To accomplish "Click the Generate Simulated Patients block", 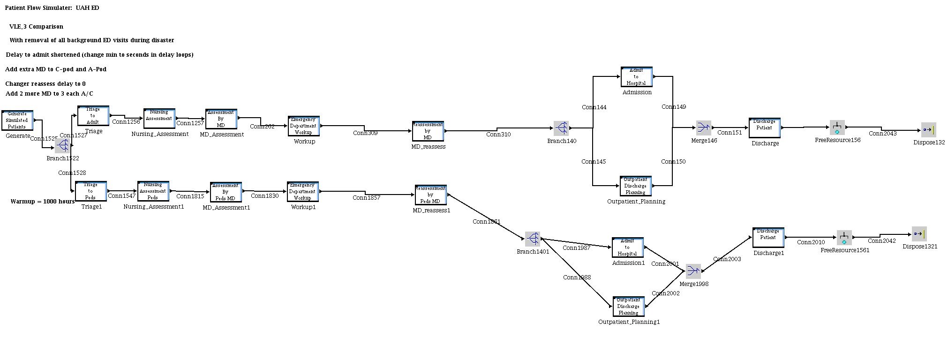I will [x=17, y=120].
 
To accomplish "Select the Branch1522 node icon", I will [x=62, y=146].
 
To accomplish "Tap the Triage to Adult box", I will [x=93, y=116].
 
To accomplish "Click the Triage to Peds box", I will [x=91, y=191].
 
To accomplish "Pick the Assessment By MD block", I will [x=221, y=119].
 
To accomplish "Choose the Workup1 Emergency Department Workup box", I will [x=303, y=192].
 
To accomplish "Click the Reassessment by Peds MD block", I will [x=430, y=195].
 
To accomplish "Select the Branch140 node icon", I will [x=561, y=128].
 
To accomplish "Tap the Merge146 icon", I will [x=703, y=127].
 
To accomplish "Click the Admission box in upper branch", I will [x=636, y=77].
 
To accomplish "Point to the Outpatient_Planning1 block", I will [x=628, y=307].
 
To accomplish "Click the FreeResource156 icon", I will [x=837, y=127].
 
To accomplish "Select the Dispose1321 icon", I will [x=919, y=233].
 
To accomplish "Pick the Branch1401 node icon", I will [x=532, y=239].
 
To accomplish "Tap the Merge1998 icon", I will [x=693, y=271].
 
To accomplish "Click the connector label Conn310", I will [x=498, y=135].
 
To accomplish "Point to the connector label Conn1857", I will [x=367, y=198].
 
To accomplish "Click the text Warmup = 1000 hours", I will [x=43, y=202].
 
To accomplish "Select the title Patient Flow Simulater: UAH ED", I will [x=52, y=8].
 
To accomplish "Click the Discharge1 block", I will [x=768, y=238].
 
